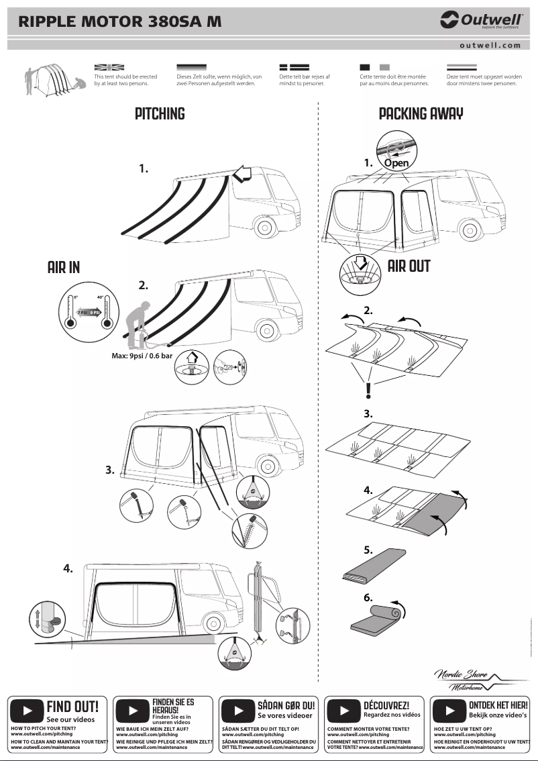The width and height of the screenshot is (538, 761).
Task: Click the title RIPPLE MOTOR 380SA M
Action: (x=120, y=21)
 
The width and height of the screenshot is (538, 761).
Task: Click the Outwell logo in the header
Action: (x=480, y=21)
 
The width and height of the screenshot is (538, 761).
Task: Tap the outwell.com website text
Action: (x=490, y=45)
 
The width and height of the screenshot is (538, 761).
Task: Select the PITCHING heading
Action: (x=160, y=113)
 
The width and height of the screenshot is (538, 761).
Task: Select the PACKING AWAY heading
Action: (x=421, y=113)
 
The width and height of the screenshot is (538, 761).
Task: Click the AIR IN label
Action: (x=64, y=267)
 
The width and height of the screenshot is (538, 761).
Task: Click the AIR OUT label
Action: (x=409, y=265)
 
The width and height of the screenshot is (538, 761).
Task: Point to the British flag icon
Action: (x=109, y=68)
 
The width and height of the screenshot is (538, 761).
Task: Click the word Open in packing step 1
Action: (x=396, y=163)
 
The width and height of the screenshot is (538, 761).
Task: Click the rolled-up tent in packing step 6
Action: (x=376, y=619)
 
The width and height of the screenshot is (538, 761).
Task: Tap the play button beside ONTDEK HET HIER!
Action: (x=450, y=710)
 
